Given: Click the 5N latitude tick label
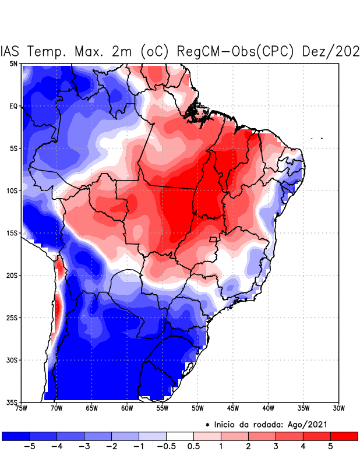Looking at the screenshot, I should [13, 63].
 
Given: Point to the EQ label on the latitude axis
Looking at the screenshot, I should [13, 106].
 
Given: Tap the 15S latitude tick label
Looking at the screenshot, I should [12, 233].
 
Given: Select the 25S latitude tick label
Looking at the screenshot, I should [12, 317].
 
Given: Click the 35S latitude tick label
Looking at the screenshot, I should [12, 402].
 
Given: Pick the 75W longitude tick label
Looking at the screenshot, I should [21, 408].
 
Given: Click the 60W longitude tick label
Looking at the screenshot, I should [127, 408].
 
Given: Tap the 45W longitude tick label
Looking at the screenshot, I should [233, 408].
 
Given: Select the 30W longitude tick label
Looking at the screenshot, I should [339, 408].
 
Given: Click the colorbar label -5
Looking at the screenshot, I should [30, 447].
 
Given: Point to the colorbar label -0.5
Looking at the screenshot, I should [166, 447].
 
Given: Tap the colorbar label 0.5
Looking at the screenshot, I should [194, 447].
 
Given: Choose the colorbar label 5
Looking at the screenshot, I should [330, 447].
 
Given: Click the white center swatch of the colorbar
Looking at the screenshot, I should [180, 436].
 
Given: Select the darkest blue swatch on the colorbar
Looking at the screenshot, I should [16, 436].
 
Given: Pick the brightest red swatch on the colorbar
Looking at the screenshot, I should [344, 436].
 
